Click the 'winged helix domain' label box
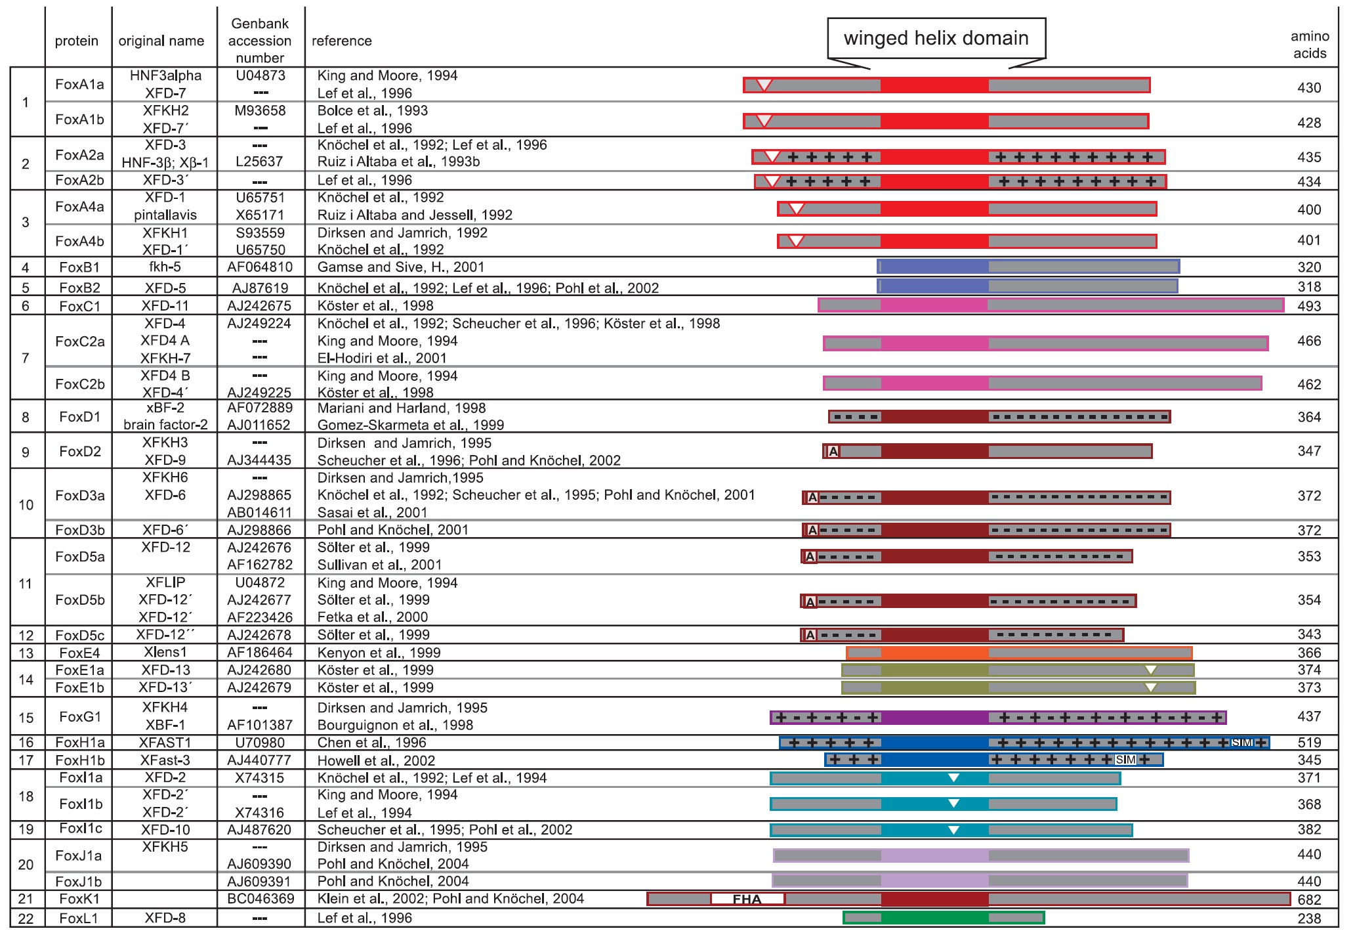936,39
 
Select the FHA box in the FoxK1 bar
747,899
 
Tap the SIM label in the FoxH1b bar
1125,760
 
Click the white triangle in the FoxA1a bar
764,84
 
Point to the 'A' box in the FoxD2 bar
833,451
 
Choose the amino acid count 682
1308,900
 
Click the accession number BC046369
261,898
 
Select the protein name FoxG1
79,716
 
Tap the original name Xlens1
165,652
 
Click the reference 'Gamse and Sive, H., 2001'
400,267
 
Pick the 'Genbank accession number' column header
260,41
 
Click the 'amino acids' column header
1309,45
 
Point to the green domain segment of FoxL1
934,917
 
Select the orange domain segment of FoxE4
934,653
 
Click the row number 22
26,918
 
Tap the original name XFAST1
165,743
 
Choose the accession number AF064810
260,267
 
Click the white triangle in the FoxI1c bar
953,830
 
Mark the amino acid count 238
1308,918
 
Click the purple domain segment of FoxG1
934,717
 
